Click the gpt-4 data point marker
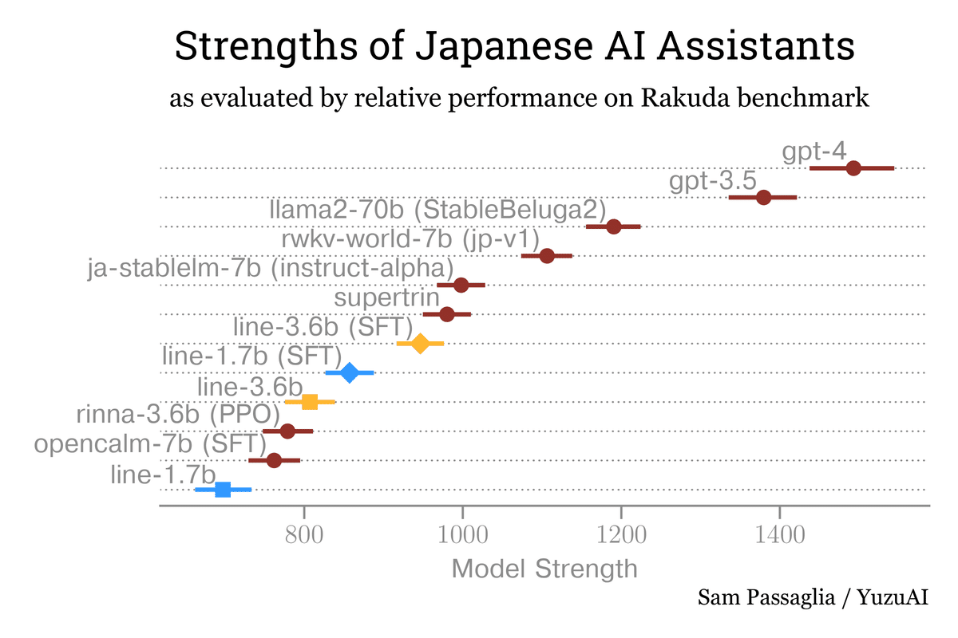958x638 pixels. pos(853,167)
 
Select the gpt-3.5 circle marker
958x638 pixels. pos(763,197)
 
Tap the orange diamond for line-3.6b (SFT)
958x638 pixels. pos(420,344)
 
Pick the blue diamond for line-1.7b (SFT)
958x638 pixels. pos(350,372)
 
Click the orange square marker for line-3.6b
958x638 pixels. pos(310,402)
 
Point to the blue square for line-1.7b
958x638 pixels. pos(223,490)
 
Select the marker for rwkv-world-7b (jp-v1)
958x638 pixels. pos(547,256)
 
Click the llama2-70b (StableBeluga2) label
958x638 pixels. pos(433,210)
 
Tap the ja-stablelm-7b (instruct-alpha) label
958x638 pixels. pos(270,269)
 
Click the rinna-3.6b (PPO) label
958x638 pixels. pos(170,415)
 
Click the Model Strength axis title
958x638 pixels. pos(544,569)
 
